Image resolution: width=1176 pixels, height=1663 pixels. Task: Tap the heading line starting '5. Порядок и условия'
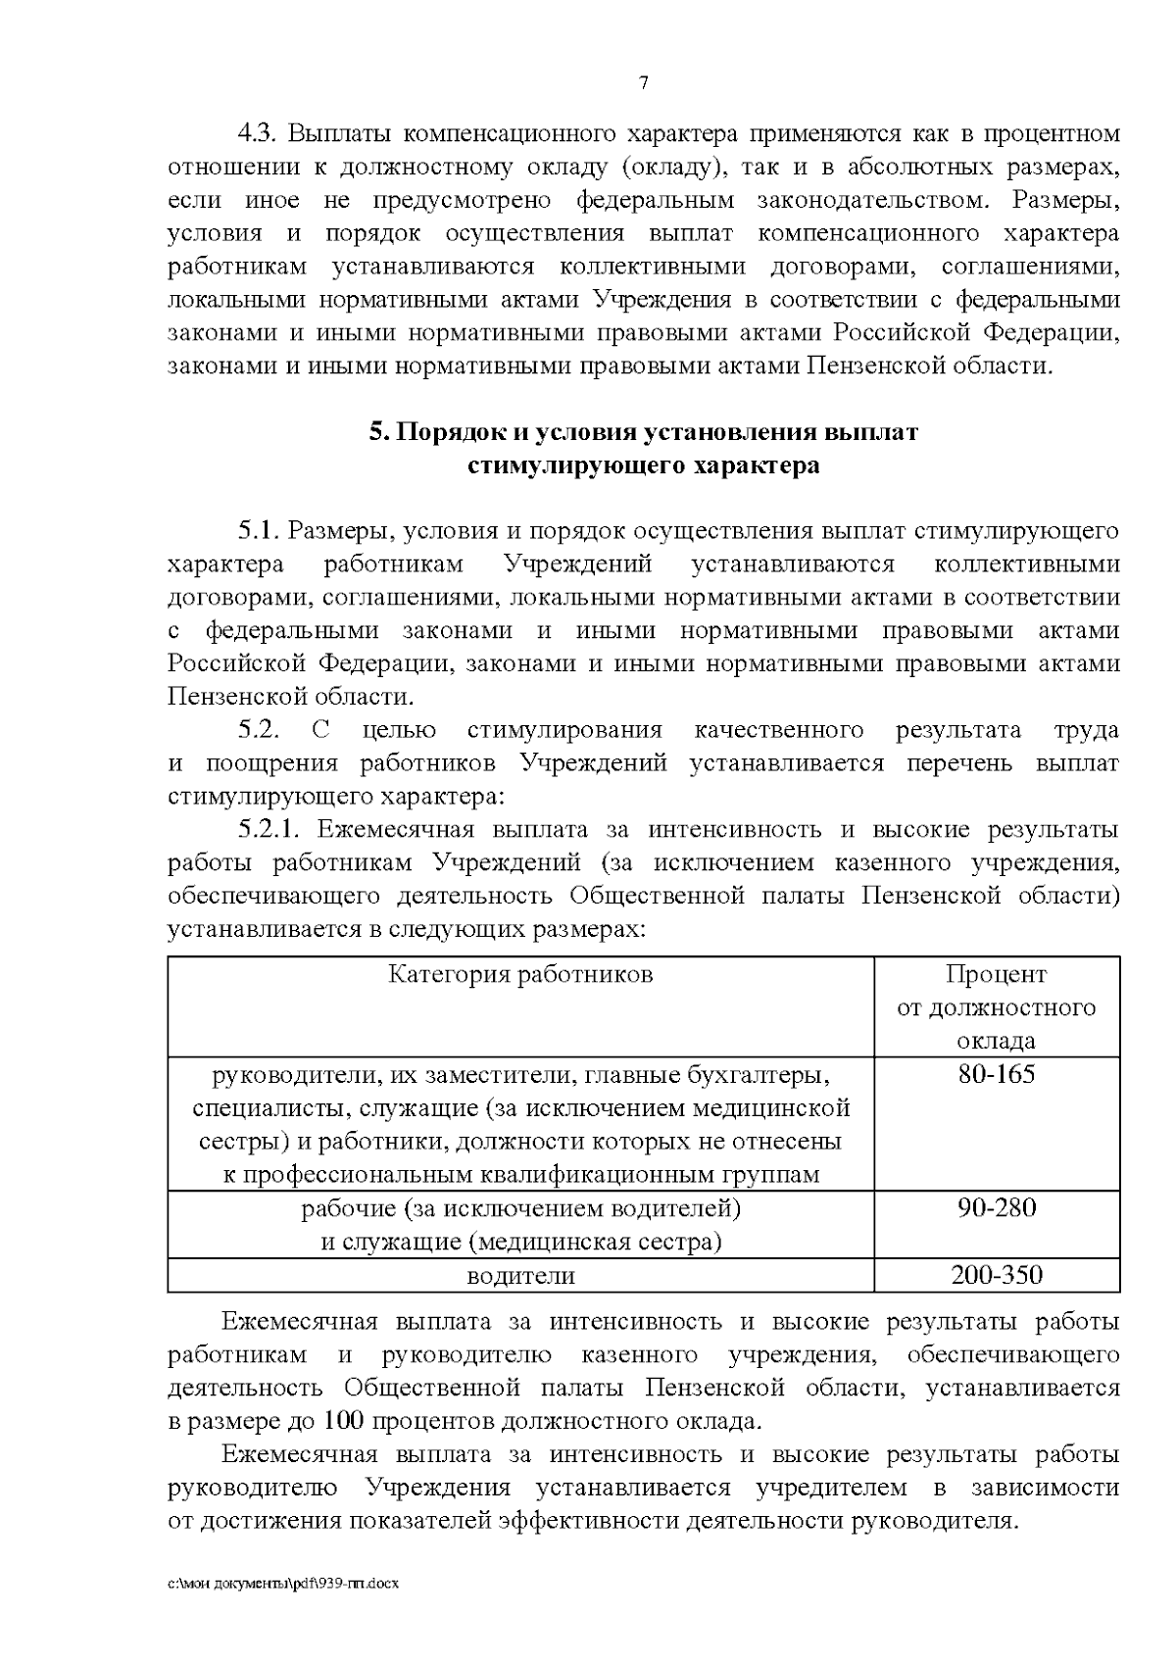(x=643, y=432)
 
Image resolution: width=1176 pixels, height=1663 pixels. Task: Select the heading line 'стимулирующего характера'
(x=643, y=465)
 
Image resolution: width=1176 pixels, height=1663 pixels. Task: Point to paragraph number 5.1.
(x=260, y=532)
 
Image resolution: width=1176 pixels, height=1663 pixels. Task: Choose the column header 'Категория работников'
(x=520, y=975)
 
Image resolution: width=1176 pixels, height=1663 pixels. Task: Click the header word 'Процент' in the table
(x=996, y=975)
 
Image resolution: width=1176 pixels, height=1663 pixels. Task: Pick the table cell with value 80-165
(x=996, y=1075)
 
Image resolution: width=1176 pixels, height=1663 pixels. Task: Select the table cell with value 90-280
(x=996, y=1207)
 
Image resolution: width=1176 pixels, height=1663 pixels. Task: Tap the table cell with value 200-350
(x=996, y=1275)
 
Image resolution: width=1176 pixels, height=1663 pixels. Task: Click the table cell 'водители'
(x=520, y=1276)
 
